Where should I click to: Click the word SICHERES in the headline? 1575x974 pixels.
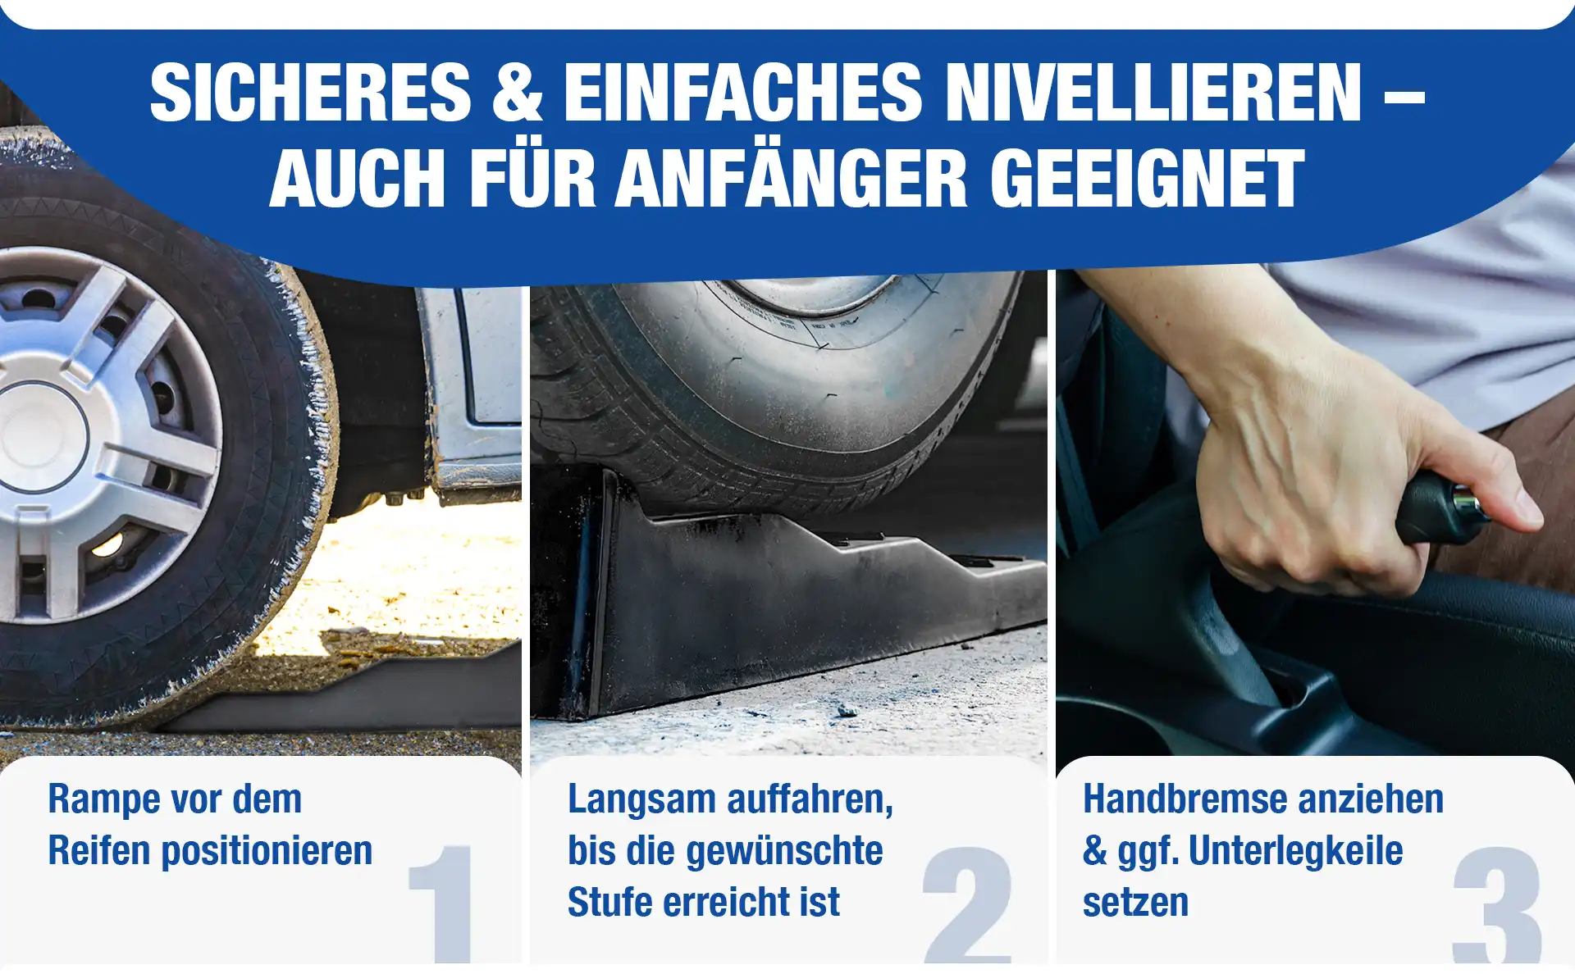[x=310, y=93]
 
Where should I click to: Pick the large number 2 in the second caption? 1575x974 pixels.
[x=968, y=904]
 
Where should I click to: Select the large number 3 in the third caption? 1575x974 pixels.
[x=1497, y=905]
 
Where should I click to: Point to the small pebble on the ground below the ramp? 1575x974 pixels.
[x=847, y=708]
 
